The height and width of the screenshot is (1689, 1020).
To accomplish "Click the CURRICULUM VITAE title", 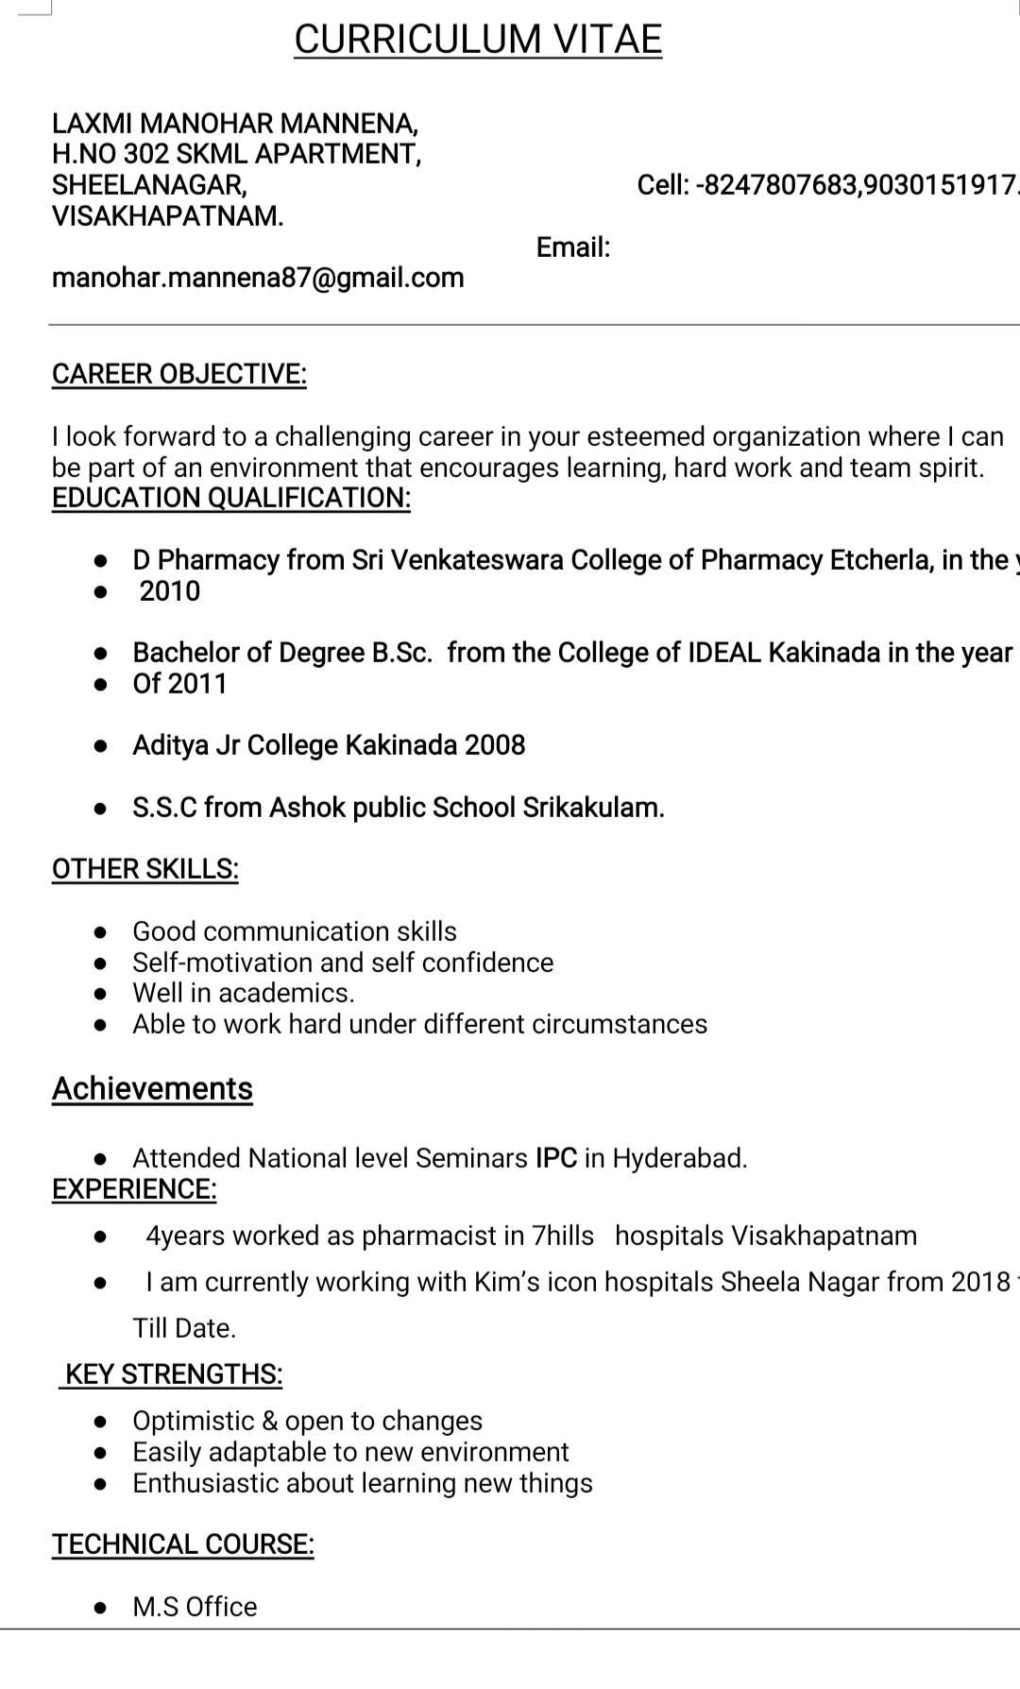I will click(x=478, y=40).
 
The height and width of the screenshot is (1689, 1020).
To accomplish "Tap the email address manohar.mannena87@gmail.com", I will click(x=258, y=278).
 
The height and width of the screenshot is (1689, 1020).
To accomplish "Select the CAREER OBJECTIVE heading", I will click(x=179, y=374).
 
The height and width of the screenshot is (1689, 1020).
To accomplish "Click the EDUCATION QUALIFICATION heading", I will click(x=231, y=498).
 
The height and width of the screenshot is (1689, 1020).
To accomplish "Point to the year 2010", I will click(x=170, y=591).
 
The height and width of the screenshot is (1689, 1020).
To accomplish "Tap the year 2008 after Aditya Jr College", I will click(x=495, y=745).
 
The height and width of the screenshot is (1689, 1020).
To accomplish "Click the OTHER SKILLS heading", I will click(x=145, y=869).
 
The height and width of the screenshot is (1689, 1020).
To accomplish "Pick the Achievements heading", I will click(x=152, y=1088).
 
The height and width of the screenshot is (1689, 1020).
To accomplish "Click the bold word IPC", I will click(x=556, y=1158).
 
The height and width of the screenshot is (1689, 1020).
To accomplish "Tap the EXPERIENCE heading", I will click(x=134, y=1189).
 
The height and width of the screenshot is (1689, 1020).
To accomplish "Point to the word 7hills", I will click(x=563, y=1236).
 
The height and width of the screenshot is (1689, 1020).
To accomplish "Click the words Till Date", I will click(x=184, y=1328).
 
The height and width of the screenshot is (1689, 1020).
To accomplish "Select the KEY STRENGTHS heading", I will click(x=174, y=1374).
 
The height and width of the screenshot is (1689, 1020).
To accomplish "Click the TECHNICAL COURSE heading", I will click(x=183, y=1544).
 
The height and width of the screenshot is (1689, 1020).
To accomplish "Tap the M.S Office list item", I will click(x=195, y=1607).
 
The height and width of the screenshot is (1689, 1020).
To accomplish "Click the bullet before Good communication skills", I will click(x=100, y=932).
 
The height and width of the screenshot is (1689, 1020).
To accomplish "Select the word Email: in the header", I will click(x=573, y=247).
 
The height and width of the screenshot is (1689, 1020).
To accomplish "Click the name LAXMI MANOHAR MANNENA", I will click(x=235, y=123).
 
